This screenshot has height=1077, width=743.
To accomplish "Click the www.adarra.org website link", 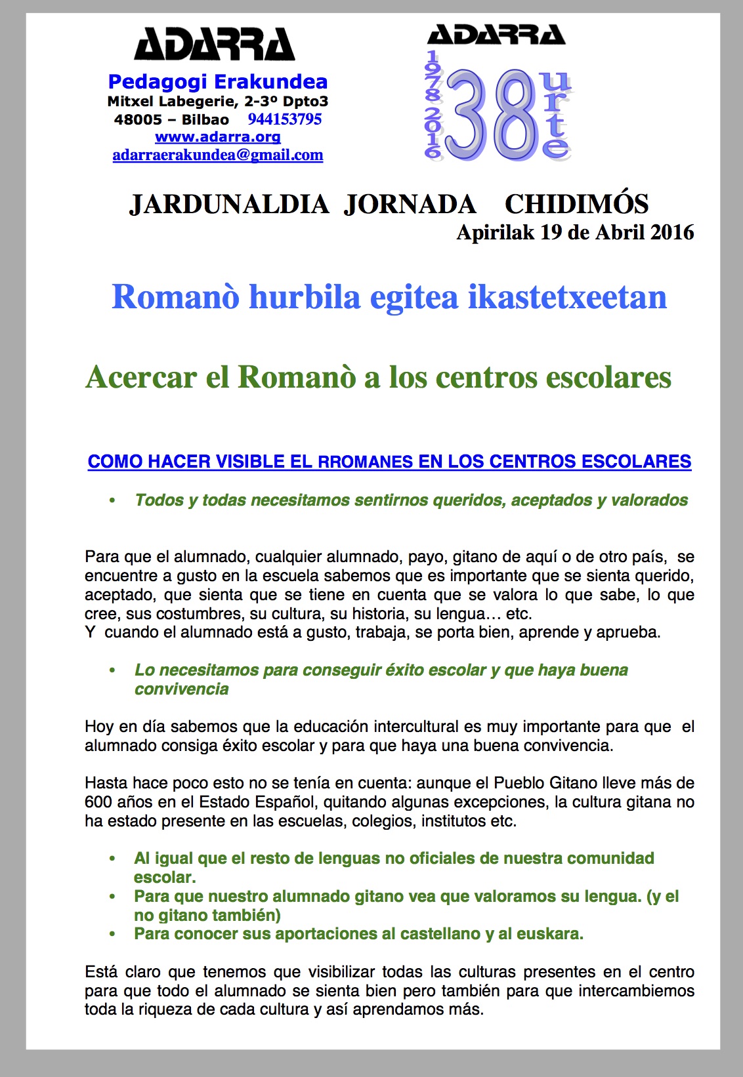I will tap(218, 137).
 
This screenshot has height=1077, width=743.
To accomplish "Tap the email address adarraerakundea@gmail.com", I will tap(218, 155).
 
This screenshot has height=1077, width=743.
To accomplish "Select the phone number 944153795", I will tap(285, 119).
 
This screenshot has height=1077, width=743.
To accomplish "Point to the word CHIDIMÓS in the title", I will tap(576, 204).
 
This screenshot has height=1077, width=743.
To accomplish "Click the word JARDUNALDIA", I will tap(229, 204).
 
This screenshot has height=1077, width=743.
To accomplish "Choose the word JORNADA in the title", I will tap(410, 204).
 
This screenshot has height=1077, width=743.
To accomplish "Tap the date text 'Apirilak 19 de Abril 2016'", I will tap(575, 232).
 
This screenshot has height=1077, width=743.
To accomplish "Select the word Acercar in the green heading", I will tap(141, 377).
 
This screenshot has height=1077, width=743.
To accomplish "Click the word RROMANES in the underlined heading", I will tap(366, 462).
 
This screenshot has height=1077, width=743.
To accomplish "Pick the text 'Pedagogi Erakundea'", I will tap(218, 81).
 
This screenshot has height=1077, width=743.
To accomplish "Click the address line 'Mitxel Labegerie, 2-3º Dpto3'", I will tap(218, 101).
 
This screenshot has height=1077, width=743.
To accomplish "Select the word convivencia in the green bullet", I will tap(181, 689).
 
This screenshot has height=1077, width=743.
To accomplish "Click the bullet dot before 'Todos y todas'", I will tap(112, 500).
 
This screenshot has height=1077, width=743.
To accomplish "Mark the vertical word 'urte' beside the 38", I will tap(555, 114).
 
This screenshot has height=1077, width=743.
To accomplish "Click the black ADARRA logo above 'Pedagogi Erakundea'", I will tap(214, 45).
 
